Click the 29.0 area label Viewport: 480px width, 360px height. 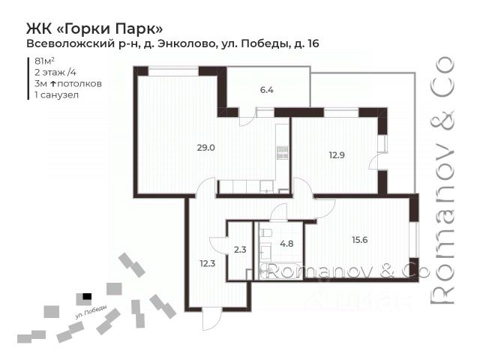pos(205,148)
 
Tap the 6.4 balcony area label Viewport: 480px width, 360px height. pos(267,90)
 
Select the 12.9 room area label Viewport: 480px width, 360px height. pos(337,155)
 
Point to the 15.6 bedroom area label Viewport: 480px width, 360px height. pos(360,240)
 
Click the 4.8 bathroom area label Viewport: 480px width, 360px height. pos(286,244)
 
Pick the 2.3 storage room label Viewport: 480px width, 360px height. pos(240,250)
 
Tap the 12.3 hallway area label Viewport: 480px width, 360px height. pos(208,263)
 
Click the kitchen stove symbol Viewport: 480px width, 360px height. pos(282,152)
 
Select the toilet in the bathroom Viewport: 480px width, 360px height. pos(265,232)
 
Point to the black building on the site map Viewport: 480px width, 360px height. pos(87,296)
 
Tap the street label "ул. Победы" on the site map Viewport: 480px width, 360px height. pos(91,312)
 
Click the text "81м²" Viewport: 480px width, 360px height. pos(45,61)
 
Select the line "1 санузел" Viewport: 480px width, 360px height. pos(57,95)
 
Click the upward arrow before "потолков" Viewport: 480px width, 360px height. pos(52,83)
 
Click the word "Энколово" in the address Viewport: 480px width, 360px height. pos(187,43)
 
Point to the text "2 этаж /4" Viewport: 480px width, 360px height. pos(55,72)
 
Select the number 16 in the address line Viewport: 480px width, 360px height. pos(313,43)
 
